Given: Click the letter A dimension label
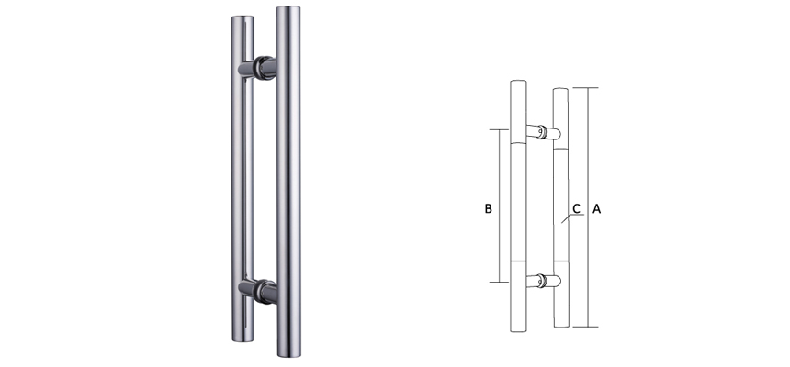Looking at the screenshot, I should click(x=597, y=209).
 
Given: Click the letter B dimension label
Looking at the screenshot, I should click(x=489, y=209).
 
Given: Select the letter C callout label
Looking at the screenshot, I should click(x=576, y=209).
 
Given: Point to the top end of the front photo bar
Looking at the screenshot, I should click(x=288, y=11).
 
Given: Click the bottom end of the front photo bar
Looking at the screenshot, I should click(x=288, y=353).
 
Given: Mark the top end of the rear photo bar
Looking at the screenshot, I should click(x=243, y=20).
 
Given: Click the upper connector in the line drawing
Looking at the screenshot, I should click(x=544, y=133).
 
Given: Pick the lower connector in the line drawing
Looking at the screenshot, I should click(x=544, y=282).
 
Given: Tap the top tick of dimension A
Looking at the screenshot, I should click(x=587, y=87).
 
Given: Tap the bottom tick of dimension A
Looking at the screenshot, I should click(x=587, y=327).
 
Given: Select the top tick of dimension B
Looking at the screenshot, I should click(x=499, y=129).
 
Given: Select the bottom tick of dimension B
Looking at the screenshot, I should click(x=499, y=282).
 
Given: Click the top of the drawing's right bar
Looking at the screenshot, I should click(x=560, y=91).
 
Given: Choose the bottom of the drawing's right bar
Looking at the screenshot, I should click(x=560, y=324).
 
